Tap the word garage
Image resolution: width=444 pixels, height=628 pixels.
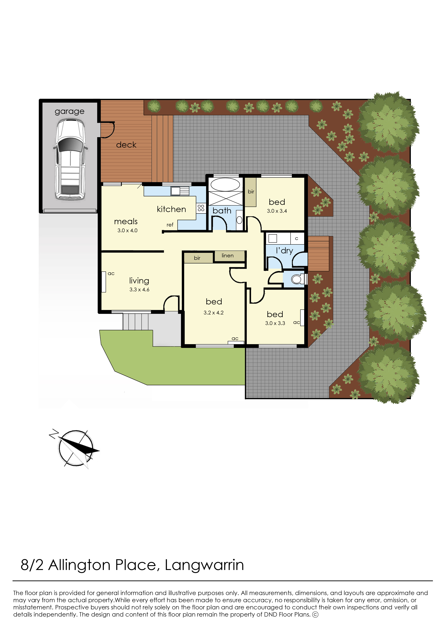pyautogui.click(x=69, y=111)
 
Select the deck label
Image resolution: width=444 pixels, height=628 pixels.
pyautogui.click(x=126, y=145)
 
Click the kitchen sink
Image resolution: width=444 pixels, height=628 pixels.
pyautogui.click(x=180, y=191)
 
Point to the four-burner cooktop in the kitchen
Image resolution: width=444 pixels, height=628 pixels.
pyautogui.click(x=201, y=208)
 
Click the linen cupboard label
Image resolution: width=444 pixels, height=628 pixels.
pyautogui.click(x=228, y=256)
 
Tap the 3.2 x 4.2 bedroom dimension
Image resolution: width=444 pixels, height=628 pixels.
pyautogui.click(x=214, y=313)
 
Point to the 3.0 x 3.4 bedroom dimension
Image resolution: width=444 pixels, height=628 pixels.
pyautogui.click(x=277, y=211)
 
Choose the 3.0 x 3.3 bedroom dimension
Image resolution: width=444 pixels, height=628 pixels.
pyautogui.click(x=275, y=323)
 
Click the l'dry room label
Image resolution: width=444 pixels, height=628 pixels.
pyautogui.click(x=284, y=251)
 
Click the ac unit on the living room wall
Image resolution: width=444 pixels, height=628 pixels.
pyautogui.click(x=104, y=282)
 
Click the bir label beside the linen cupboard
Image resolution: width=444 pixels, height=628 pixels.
pyautogui.click(x=197, y=258)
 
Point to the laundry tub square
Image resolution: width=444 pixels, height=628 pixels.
pyautogui.click(x=273, y=238)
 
